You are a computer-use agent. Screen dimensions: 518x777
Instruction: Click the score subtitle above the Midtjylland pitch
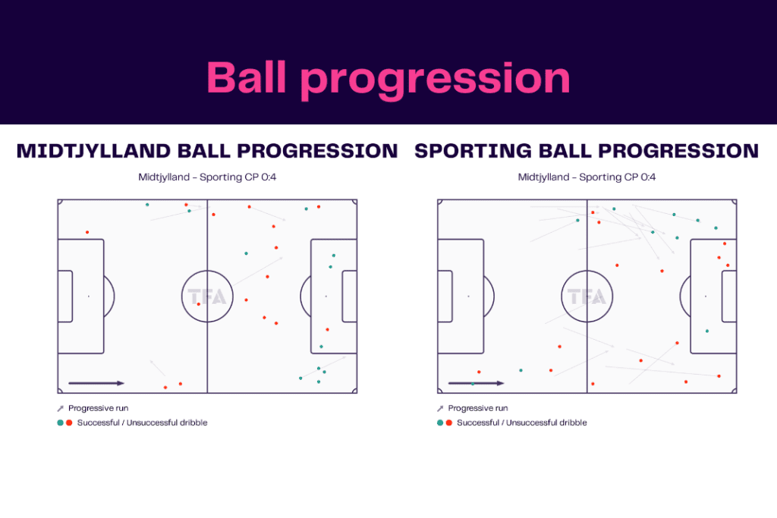click(207, 177)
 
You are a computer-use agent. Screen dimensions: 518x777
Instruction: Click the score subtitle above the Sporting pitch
click(587, 177)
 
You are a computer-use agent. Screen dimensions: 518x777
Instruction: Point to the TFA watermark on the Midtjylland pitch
click(207, 297)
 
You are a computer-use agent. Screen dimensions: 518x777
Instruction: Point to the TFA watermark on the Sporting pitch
click(587, 297)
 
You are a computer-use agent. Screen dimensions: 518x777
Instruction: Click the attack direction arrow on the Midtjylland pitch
click(96, 383)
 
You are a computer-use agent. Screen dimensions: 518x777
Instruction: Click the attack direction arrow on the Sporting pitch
click(476, 383)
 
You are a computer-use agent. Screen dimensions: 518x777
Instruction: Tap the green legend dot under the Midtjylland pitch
click(59, 422)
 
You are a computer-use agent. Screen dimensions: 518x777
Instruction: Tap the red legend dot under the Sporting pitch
click(449, 422)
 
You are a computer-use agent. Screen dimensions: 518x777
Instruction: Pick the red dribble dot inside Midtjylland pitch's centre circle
click(199, 304)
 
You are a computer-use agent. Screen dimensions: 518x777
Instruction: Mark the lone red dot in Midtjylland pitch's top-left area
click(87, 232)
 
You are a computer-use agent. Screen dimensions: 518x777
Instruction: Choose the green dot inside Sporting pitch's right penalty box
click(706, 331)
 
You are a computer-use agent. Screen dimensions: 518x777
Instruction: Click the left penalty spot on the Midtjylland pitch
click(88, 297)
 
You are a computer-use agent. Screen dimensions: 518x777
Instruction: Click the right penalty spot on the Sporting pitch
click(706, 297)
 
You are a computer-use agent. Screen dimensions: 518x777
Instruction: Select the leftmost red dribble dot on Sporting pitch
click(479, 372)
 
